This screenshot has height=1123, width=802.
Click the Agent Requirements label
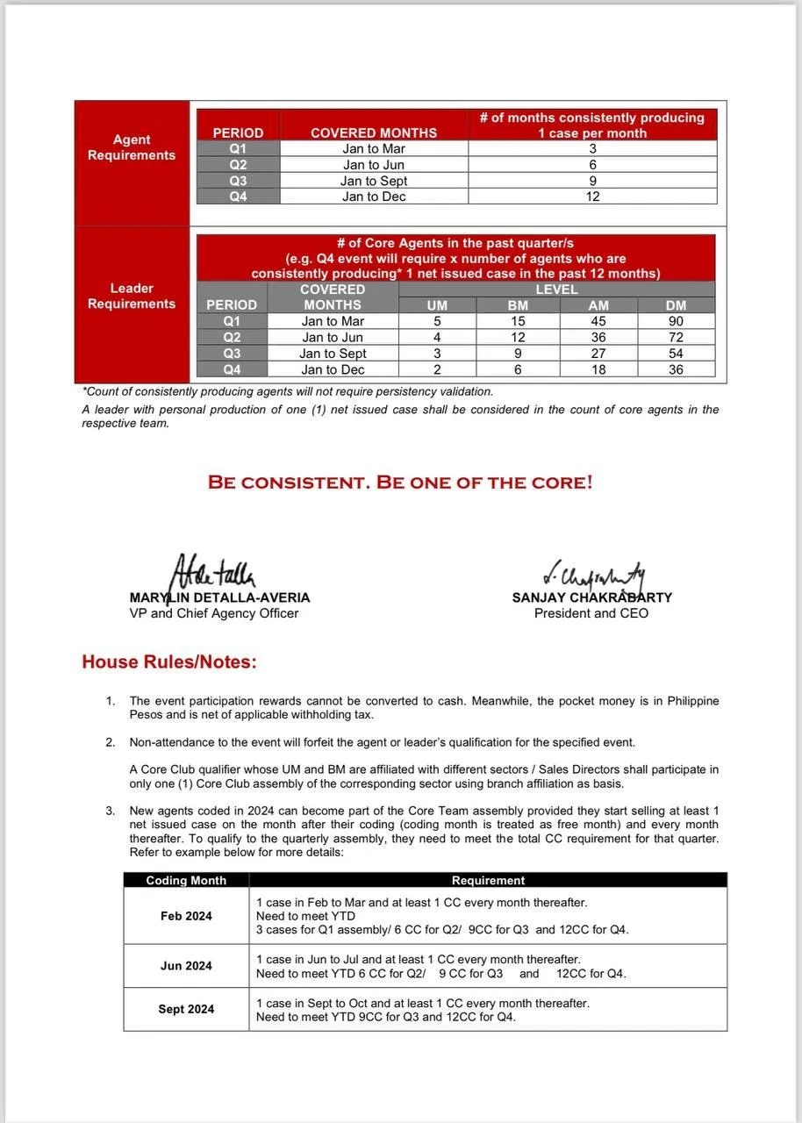[x=132, y=147]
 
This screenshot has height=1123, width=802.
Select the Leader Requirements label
[x=132, y=296]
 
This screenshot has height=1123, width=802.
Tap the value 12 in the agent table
[x=593, y=197]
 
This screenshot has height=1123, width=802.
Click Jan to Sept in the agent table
[x=374, y=181]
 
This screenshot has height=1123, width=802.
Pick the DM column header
[x=676, y=305]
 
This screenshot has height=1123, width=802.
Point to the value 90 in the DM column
[x=676, y=321]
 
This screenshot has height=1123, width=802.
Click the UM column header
[x=437, y=305]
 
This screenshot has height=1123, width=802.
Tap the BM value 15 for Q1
[x=518, y=321]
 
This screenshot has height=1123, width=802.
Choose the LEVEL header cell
[x=556, y=290]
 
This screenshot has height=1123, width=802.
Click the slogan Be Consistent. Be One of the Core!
[x=400, y=483]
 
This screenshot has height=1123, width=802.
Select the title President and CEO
[x=591, y=613]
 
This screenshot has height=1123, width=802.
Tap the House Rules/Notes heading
[x=169, y=662]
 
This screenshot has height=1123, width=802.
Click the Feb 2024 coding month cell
[x=186, y=916]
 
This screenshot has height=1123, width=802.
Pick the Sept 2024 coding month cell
[x=186, y=1009]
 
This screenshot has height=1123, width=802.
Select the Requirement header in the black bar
[x=488, y=880]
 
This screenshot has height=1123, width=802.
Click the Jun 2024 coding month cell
[x=186, y=966]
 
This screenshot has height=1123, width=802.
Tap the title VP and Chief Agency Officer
[x=214, y=613]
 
